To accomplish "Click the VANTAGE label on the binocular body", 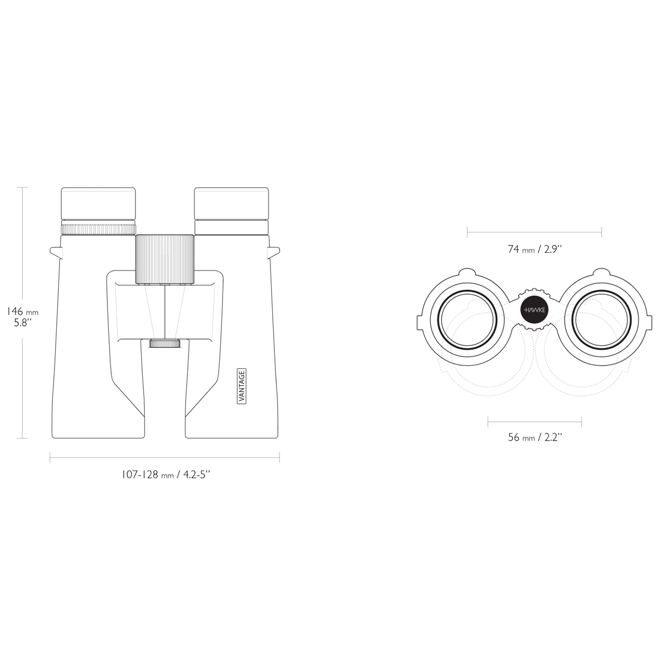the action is (242, 386).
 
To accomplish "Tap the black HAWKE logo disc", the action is (534, 310).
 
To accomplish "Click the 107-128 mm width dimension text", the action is (166, 475).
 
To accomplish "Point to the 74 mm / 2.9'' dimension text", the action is (535, 249).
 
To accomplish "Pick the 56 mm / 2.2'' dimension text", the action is (535, 437).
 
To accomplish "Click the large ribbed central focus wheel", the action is (165, 259).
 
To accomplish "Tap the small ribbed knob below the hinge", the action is (165, 343).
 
